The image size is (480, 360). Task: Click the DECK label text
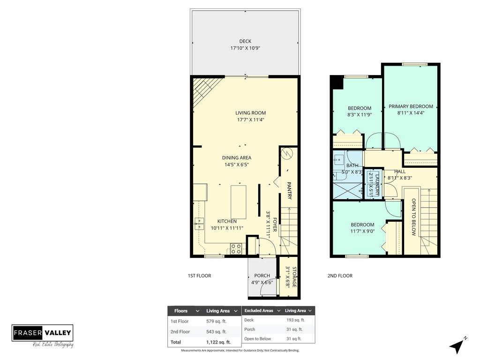click(245, 41)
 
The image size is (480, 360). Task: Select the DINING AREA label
click(236, 157)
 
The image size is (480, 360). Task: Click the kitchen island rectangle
click(238, 202)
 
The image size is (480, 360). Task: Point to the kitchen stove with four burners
click(236, 249)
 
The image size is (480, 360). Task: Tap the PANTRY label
click(289, 191)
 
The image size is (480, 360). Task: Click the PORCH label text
click(262, 276)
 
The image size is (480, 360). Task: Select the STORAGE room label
click(294, 277)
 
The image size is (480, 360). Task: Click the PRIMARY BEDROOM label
click(411, 106)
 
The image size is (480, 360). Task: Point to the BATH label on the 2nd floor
click(352, 165)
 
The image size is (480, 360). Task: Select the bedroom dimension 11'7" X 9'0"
click(362, 231)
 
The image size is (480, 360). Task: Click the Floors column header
click(181, 310)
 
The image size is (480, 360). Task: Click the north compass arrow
click(457, 346)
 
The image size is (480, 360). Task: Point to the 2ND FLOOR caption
click(340, 276)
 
